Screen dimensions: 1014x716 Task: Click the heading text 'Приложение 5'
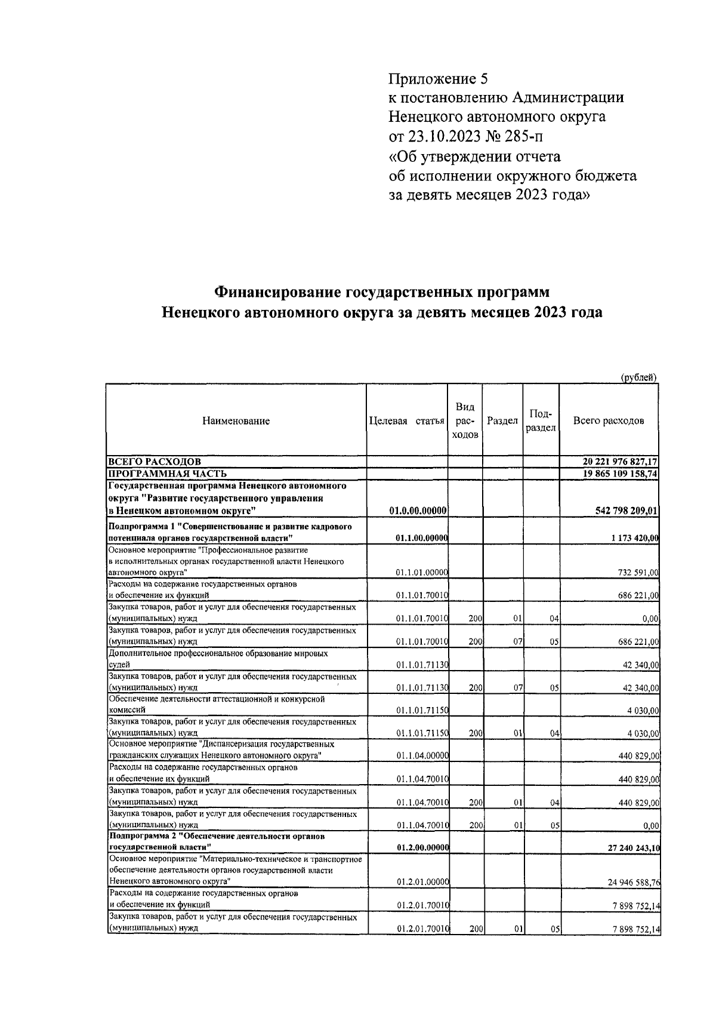(x=438, y=79)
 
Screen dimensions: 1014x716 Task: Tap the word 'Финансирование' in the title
(x=277, y=293)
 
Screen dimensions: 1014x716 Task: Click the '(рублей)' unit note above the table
(x=638, y=377)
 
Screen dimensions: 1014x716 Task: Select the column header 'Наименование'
(x=236, y=420)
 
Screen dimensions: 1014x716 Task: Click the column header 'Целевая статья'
(x=407, y=420)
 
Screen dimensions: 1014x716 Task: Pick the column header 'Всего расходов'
(x=609, y=420)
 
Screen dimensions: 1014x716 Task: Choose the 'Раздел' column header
(x=502, y=420)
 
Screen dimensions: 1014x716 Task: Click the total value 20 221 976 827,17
(x=620, y=462)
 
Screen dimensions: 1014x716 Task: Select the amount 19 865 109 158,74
(x=620, y=474)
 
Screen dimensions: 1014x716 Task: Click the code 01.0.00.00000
(x=418, y=510)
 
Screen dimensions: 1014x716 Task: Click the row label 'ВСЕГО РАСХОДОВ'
(x=154, y=462)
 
